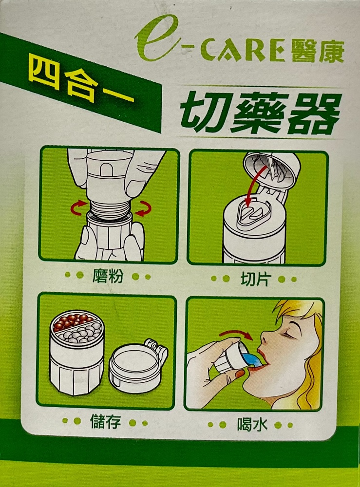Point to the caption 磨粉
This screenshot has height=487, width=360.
(x=108, y=276)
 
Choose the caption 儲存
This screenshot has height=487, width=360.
(x=105, y=421)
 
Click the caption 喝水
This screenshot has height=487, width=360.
(x=252, y=424)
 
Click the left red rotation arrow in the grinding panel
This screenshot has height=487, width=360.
(x=77, y=207)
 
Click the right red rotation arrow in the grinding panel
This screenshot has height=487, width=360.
(x=144, y=208)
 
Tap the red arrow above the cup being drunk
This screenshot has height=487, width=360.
(x=236, y=334)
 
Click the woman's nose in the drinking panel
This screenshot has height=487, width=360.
(x=265, y=337)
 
